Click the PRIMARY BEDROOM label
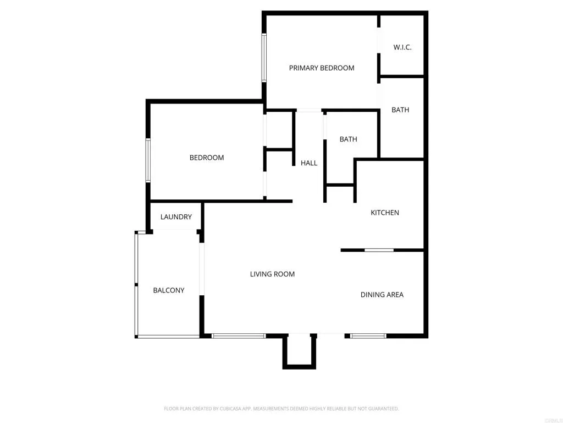322,68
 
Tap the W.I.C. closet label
402,47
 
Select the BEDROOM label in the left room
207,158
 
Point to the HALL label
309,163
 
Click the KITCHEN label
385,213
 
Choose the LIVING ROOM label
272,274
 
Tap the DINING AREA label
382,295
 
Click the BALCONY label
169,290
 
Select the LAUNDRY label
176,217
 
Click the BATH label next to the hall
349,139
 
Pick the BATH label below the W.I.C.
400,110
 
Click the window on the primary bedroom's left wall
264,58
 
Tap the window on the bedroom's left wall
148,160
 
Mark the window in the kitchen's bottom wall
379,250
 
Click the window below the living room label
239,335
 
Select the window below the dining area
368,335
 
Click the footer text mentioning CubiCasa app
281,409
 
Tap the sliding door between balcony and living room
202,269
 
